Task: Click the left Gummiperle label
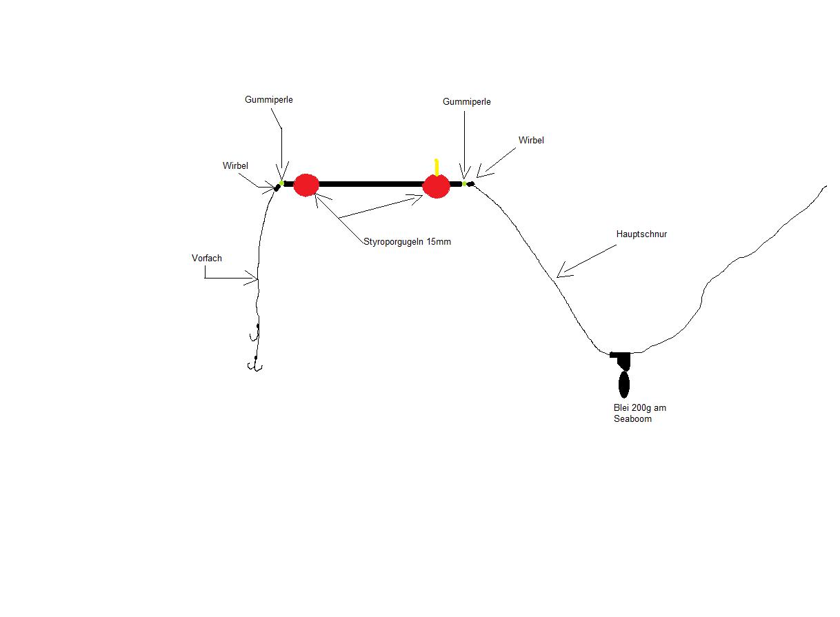[268, 100]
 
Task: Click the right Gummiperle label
[466, 102]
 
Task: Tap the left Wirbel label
[235, 166]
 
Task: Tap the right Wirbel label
[531, 141]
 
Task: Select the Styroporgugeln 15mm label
[407, 242]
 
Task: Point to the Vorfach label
[206, 259]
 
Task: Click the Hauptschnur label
[641, 234]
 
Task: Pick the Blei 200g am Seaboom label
[639, 413]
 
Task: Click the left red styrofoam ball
[306, 185]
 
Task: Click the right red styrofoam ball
[436, 185]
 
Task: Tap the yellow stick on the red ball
[437, 167]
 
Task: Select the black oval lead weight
[623, 385]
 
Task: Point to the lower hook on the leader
[255, 365]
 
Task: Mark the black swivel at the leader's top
[277, 187]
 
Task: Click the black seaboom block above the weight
[621, 358]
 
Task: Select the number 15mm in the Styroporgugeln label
[439, 242]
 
